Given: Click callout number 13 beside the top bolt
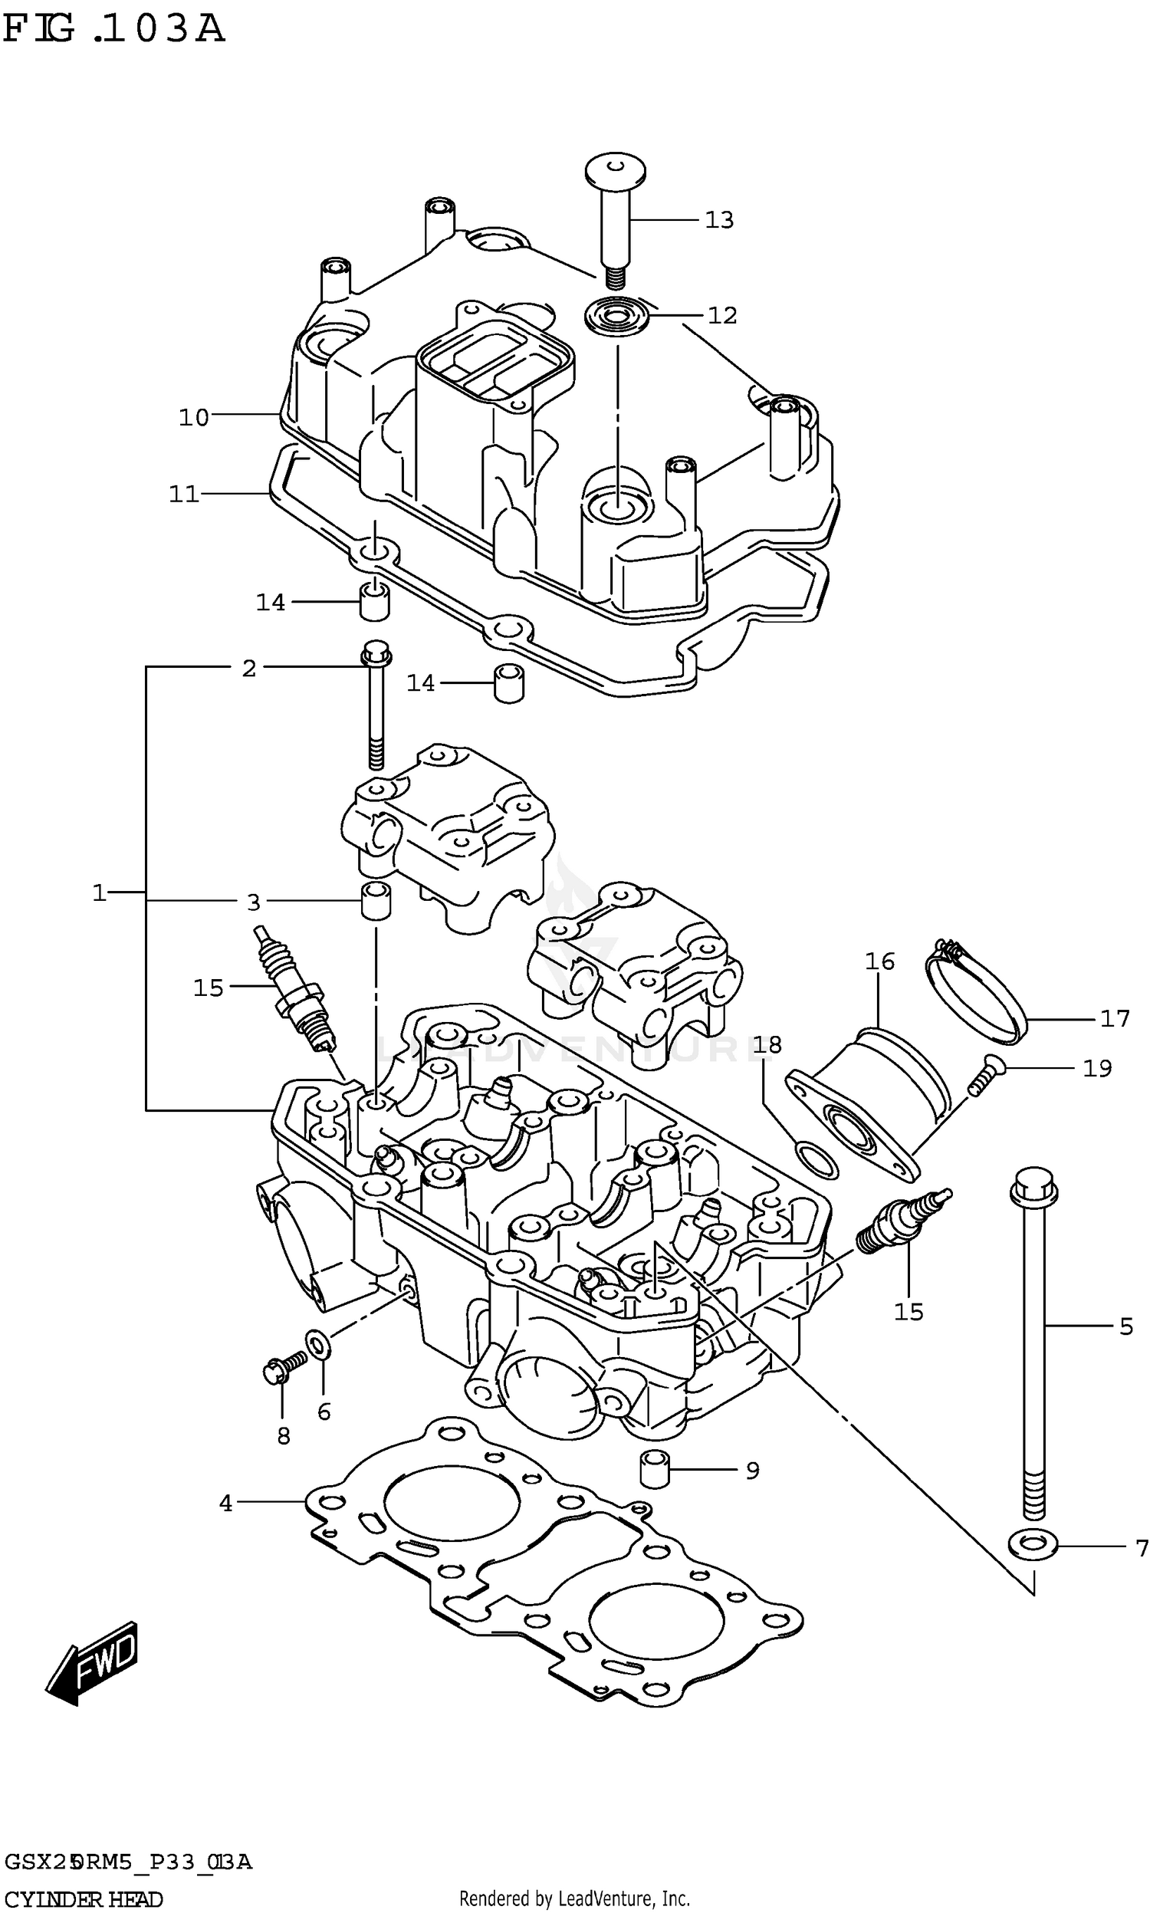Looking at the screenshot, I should pos(718,221).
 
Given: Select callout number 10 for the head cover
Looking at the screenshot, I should pos(194,419).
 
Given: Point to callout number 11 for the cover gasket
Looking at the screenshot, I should pos(185,495).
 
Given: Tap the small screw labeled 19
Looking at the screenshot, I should pos(984,1077).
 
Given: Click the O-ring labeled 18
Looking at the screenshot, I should pos(817,1160).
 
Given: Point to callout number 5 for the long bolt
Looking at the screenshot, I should pos(1126,1326).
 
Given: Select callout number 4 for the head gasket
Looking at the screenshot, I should pos(225,1504).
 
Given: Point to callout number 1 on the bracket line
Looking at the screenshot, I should pos(99,893).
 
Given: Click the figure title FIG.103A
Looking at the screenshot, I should pos(113,29).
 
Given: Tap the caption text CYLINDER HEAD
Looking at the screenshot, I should pos(84,1900).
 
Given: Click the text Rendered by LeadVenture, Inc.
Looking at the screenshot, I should pos(574,1899).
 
